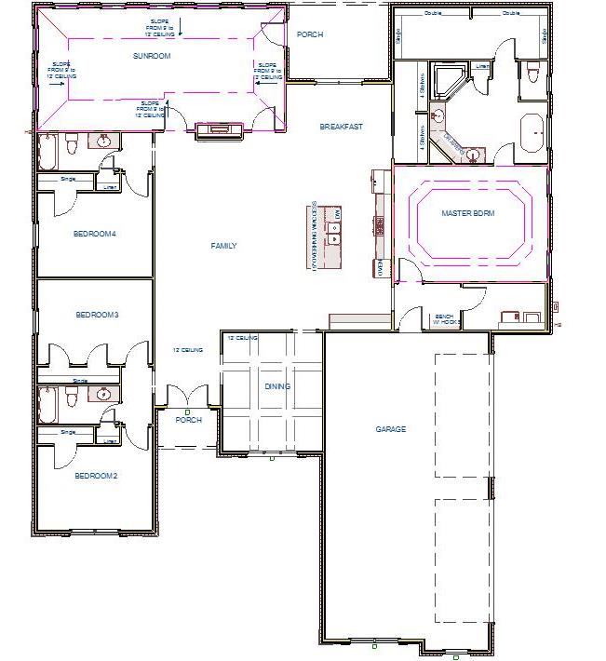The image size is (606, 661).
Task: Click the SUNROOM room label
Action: [152, 56]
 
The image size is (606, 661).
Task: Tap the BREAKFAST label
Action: [341, 127]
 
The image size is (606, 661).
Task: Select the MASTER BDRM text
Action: [467, 214]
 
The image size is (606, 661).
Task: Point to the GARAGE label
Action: [391, 429]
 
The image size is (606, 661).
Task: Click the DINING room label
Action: [276, 386]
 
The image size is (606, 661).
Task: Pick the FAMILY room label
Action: [223, 246]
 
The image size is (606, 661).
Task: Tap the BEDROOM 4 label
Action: [94, 234]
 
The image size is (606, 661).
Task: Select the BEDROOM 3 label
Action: [97, 315]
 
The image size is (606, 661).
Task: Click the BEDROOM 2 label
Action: [95, 476]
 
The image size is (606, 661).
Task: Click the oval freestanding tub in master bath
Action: [532, 133]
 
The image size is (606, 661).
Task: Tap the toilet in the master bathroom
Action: [531, 73]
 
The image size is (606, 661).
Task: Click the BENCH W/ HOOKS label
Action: [445, 321]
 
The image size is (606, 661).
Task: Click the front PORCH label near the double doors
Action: [190, 420]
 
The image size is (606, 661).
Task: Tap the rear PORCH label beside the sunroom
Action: [309, 34]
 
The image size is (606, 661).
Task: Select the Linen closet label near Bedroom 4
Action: [110, 184]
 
